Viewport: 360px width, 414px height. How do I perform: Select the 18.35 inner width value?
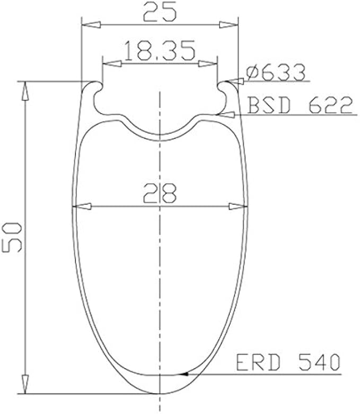pyautogui.click(x=160, y=50)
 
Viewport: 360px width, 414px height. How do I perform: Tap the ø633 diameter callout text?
pyautogui.click(x=276, y=72)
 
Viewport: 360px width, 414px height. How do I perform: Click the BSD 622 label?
pyautogui.click(x=300, y=105)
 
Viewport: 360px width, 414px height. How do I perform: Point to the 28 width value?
pyautogui.click(x=160, y=193)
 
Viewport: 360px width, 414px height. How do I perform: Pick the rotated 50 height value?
pyautogui.click(x=12, y=237)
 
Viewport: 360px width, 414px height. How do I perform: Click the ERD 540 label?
pyautogui.click(x=288, y=362)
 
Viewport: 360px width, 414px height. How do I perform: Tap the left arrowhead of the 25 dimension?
pyautogui.click(x=91, y=25)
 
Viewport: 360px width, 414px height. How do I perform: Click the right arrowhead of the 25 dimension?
pyautogui.click(x=229, y=25)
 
